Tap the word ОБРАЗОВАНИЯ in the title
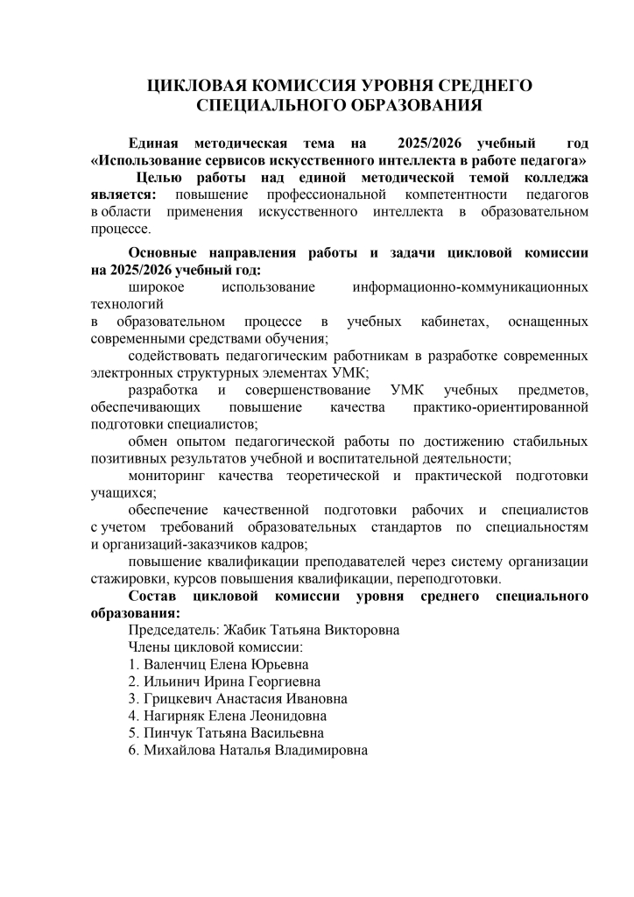click(409, 105)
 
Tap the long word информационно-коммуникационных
click(469, 286)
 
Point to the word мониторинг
click(170, 476)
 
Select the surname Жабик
click(248, 630)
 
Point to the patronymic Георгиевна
click(280, 682)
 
